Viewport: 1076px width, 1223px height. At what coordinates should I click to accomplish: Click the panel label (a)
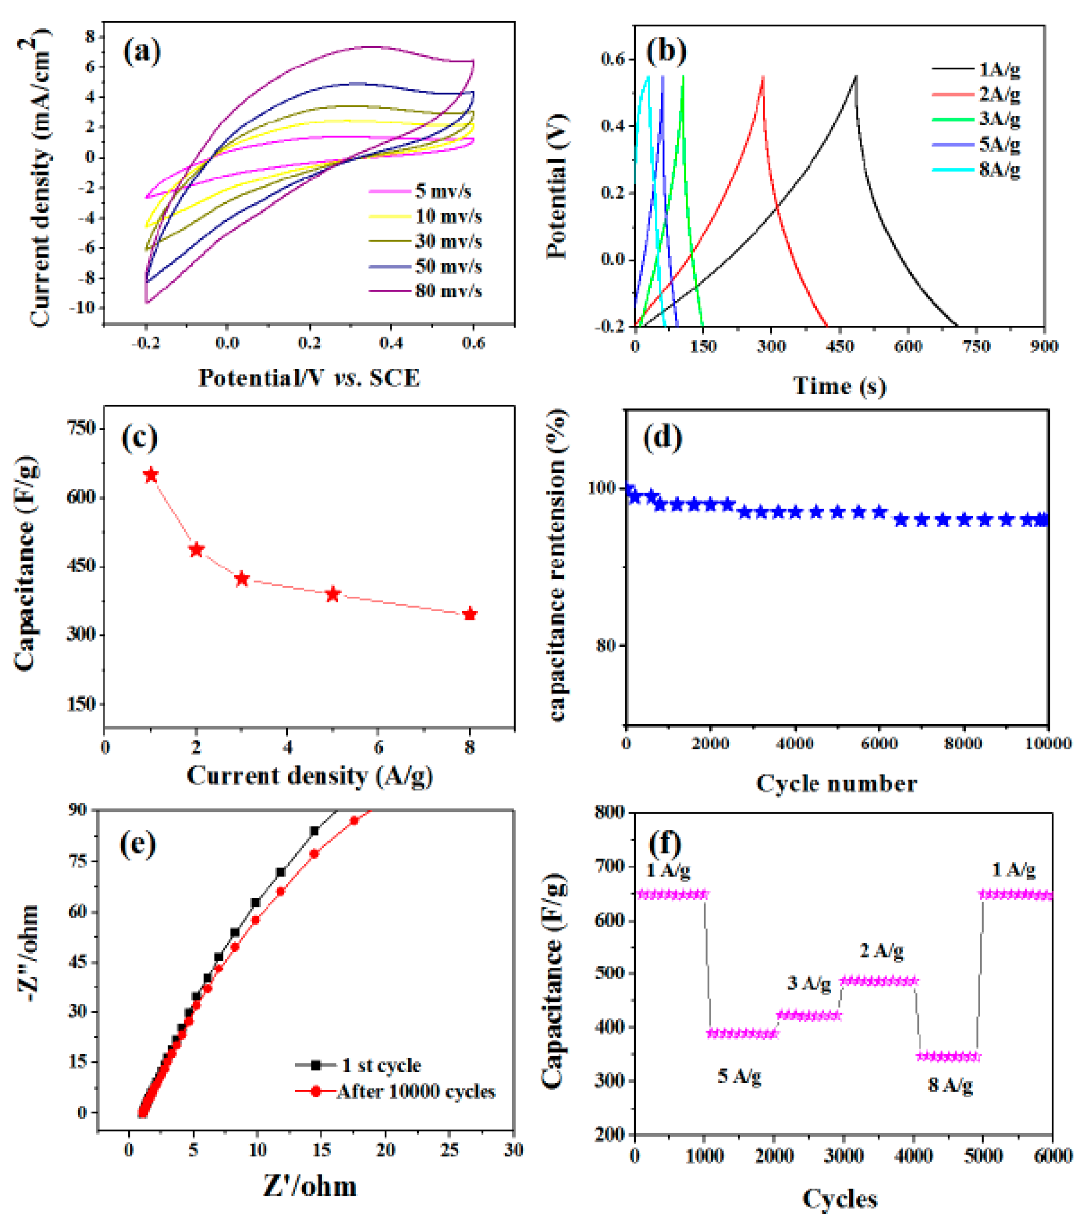tap(142, 51)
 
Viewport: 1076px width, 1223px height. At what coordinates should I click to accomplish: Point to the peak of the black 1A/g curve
tap(856, 76)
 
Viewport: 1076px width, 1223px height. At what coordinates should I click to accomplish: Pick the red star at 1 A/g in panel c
tap(151, 475)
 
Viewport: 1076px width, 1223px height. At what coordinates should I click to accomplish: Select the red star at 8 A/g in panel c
tap(470, 614)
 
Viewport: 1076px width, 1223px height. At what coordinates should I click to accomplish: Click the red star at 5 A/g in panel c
tap(333, 594)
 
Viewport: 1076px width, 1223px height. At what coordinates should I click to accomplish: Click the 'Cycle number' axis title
tap(836, 783)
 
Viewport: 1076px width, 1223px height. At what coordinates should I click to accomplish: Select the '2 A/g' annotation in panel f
tap(881, 949)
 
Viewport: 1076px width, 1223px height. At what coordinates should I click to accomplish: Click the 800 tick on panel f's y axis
tap(610, 812)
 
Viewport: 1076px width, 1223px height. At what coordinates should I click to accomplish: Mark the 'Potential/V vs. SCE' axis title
tap(309, 378)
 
